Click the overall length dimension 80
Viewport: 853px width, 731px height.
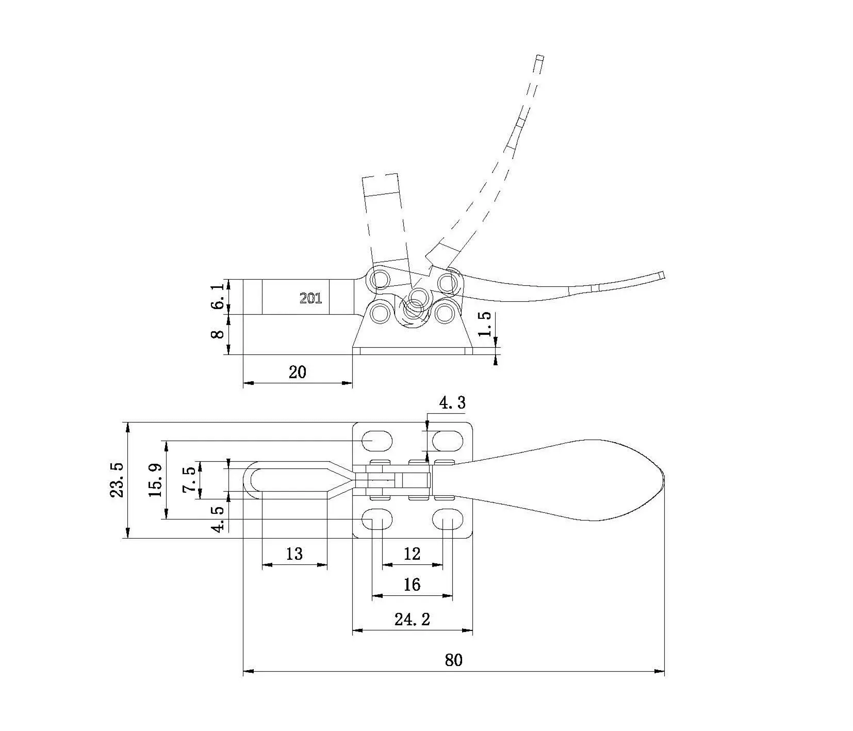pos(453,659)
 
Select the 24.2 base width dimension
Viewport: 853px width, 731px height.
pos(412,619)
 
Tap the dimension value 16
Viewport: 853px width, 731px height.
pos(412,584)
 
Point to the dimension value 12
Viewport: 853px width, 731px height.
pos(412,554)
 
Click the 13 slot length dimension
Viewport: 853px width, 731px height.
pos(294,554)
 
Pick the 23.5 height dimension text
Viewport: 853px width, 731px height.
pos(117,480)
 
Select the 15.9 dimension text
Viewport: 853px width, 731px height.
pos(156,480)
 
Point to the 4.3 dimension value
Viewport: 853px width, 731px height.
pos(452,402)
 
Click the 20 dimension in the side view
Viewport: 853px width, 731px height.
pos(297,372)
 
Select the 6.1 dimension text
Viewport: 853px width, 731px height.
pos(218,296)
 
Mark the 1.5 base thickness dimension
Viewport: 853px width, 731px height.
pos(485,324)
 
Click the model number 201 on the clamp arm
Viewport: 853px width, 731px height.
pos(310,298)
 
